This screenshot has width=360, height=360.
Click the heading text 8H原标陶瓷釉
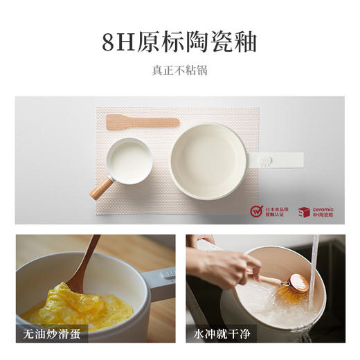point(179,42)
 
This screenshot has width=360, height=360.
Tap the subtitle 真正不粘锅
point(179,70)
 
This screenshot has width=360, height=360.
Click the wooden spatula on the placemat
point(142,123)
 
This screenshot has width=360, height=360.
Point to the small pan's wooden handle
point(102,188)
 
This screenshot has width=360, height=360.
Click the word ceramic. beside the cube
point(325,208)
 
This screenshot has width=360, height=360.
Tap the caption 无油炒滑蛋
point(53,334)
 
